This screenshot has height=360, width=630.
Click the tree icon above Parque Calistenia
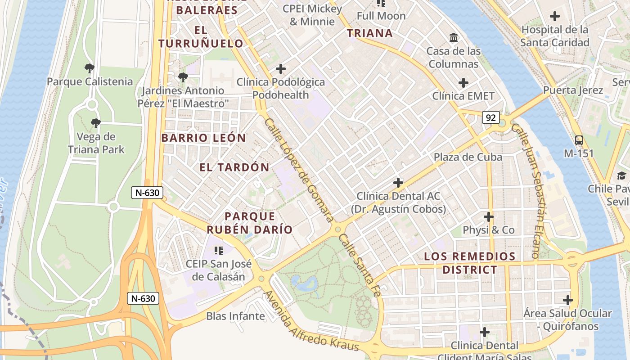tap(90, 68)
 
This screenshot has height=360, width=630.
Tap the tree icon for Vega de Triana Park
tap(95, 123)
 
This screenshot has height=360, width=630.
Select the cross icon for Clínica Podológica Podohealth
tap(281, 69)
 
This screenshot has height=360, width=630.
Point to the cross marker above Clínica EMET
tap(463, 83)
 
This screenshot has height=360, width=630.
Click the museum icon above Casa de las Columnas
tap(454, 37)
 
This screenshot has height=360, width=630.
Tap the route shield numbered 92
tap(490, 117)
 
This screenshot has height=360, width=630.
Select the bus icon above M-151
tap(579, 140)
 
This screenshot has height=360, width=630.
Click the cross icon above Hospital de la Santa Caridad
tap(555, 17)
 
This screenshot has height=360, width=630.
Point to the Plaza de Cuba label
tap(468, 157)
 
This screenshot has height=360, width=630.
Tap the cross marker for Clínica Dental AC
tap(398, 183)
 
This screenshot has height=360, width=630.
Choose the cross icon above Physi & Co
tap(488, 217)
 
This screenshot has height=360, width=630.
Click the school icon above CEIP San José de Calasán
tap(219, 250)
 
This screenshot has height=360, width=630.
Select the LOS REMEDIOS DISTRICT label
tap(470, 263)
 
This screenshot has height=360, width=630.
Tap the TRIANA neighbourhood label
tap(370, 33)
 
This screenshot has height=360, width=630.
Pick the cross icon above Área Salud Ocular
tap(568, 300)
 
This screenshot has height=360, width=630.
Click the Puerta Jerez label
tap(573, 90)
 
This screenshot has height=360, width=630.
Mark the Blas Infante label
tap(235, 316)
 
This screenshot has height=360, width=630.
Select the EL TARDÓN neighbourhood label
tap(234, 167)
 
